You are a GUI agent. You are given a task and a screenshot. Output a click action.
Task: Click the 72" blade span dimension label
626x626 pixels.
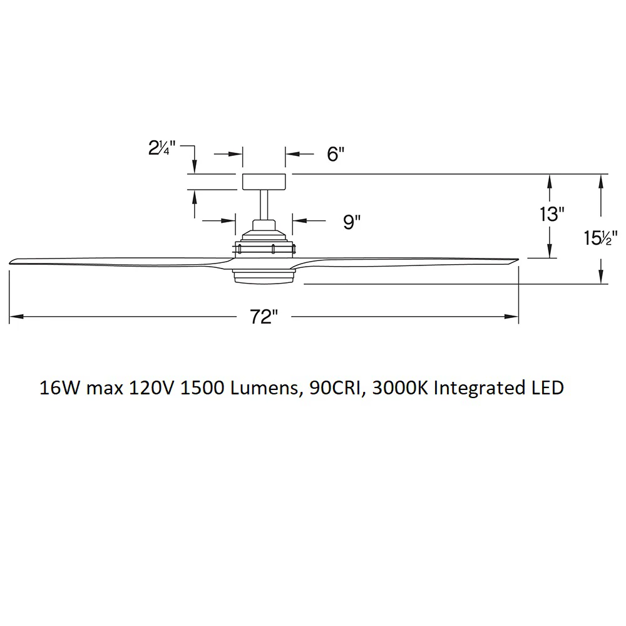click(264, 317)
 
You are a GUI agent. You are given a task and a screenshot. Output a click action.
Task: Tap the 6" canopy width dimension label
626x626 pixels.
click(336, 154)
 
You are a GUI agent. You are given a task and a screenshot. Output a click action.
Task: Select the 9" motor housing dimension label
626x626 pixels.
click(352, 222)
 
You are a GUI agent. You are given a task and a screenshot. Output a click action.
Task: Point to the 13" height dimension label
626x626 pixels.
click(552, 214)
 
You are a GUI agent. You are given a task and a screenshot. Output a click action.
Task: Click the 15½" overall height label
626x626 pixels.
click(600, 238)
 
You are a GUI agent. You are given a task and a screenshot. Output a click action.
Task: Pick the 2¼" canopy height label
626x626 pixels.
click(162, 148)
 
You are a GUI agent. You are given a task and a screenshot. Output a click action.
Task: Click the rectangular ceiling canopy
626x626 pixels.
click(264, 182)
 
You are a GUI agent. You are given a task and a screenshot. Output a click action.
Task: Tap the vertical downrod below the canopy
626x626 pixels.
click(264, 205)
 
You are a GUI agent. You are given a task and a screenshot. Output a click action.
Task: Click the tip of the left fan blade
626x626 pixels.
click(10, 263)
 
